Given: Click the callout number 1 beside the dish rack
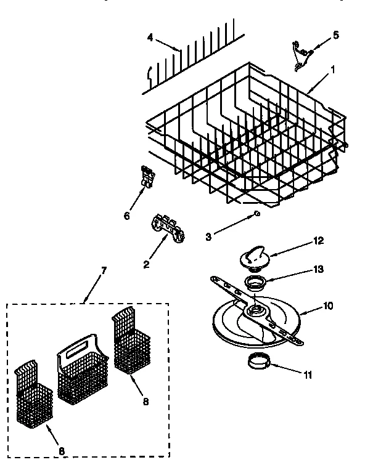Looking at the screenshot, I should (334, 70).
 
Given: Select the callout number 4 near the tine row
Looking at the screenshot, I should (150, 37).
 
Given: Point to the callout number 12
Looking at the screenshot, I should (318, 241).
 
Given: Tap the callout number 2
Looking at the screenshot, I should (146, 265).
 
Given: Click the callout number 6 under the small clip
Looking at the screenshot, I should (127, 215).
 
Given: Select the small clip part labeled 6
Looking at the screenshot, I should (147, 176).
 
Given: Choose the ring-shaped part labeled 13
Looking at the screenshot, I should (253, 283).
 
